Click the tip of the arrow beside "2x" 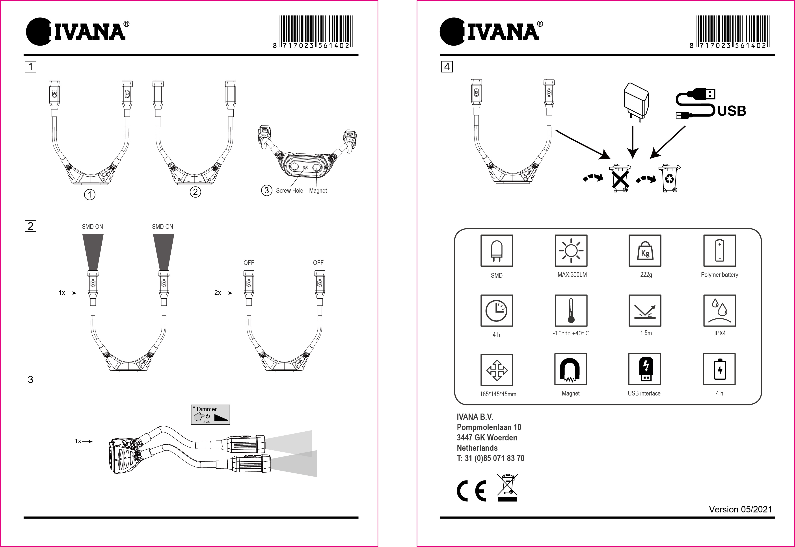coord(233,293)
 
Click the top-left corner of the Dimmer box coord(191,405)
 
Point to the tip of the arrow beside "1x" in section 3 coord(93,442)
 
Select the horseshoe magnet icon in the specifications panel coord(571,370)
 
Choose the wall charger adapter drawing coord(635,102)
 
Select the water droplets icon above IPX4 coord(720,310)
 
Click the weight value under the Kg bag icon coord(646,275)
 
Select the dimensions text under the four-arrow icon coord(498,394)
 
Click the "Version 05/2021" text coord(741,510)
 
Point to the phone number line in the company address coord(490,458)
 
